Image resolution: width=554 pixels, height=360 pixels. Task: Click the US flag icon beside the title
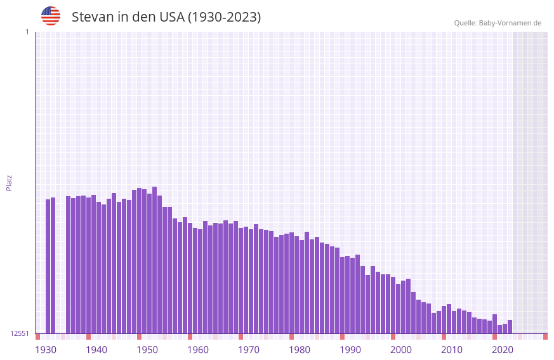click(51, 16)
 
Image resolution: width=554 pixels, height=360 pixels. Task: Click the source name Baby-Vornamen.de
click(510, 23)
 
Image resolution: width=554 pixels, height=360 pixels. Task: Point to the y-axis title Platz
click(9, 182)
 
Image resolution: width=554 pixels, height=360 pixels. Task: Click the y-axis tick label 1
click(27, 32)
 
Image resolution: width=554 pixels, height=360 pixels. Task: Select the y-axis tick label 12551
click(20, 333)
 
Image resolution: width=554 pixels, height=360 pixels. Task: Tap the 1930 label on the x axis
click(46, 350)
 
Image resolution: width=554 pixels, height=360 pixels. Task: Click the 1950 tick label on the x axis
click(147, 350)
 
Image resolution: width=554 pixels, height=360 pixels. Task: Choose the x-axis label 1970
click(249, 350)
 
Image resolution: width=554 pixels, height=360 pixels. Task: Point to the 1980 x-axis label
click(300, 350)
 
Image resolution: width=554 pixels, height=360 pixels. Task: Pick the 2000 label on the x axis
click(401, 350)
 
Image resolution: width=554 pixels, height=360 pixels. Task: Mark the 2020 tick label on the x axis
click(503, 350)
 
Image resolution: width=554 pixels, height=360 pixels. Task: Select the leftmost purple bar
click(48, 266)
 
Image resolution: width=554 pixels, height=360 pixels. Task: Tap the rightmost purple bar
click(510, 327)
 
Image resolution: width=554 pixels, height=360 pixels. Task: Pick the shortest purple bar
click(499, 329)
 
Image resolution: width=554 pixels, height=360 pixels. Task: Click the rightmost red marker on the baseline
click(545, 337)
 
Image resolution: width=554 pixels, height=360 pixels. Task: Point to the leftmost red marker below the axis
click(37, 337)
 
